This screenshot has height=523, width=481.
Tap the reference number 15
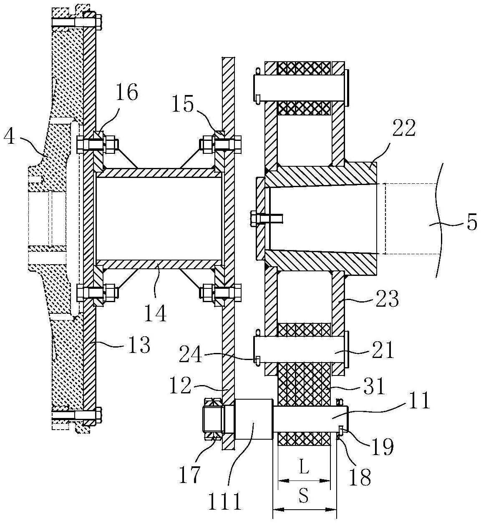coord(183,104)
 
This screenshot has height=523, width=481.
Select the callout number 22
coord(404,128)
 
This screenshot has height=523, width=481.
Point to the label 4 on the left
coord(10,138)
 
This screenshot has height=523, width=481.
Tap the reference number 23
coord(388,299)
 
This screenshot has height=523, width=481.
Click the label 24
coord(191,354)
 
